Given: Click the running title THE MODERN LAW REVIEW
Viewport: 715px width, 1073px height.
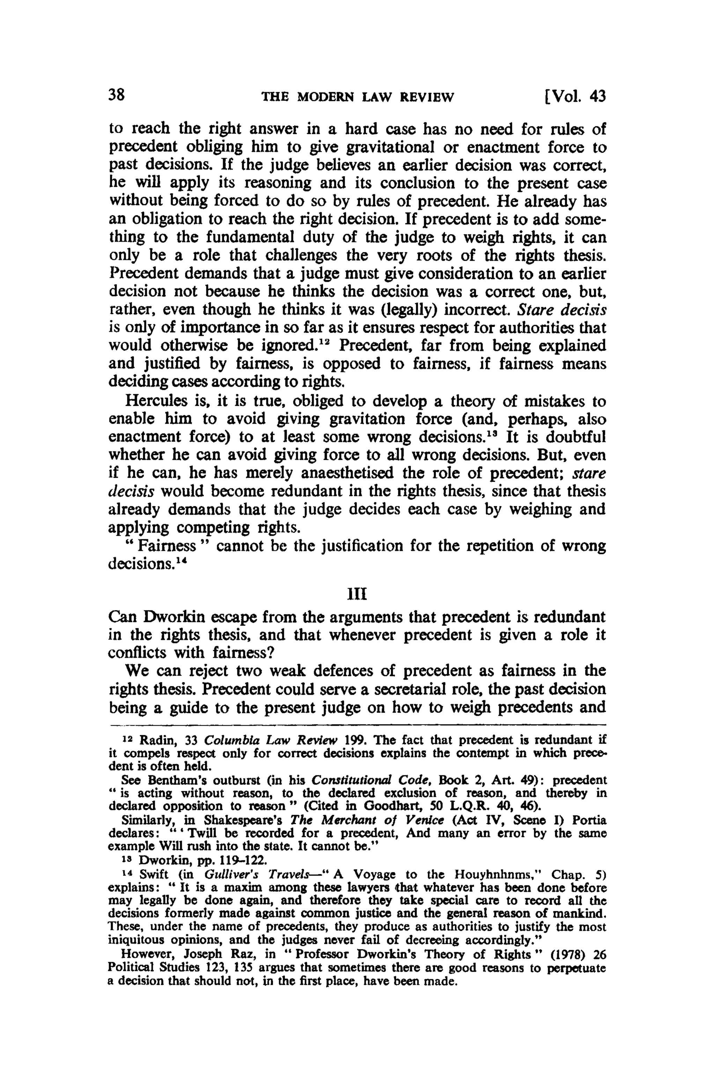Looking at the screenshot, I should (x=357, y=97).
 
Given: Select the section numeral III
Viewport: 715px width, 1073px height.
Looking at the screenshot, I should (x=357, y=595).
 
